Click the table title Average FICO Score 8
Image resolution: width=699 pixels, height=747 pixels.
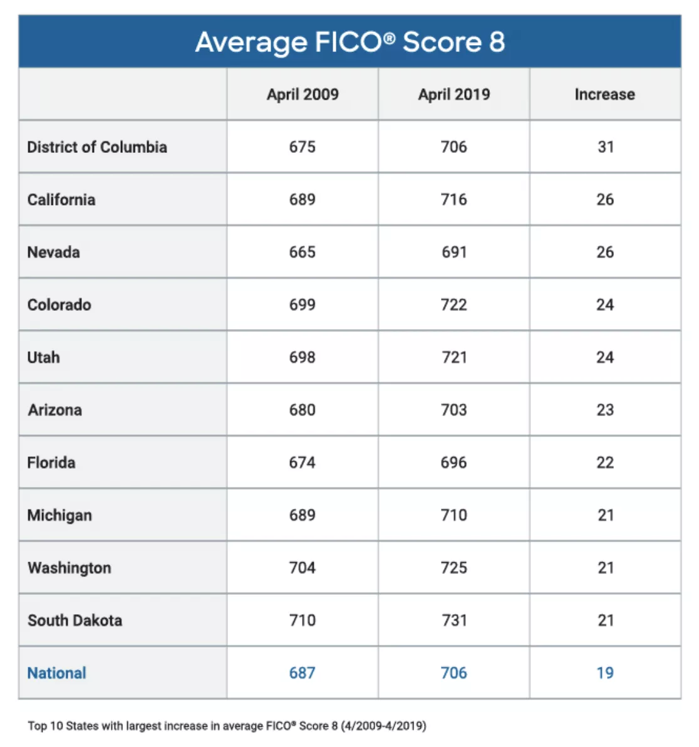[349, 42]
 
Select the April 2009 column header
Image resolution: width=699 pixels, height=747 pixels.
[303, 94]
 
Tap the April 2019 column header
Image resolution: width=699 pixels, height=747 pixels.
[454, 94]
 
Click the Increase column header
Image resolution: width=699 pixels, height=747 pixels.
[604, 94]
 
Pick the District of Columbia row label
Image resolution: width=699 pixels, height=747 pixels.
[97, 147]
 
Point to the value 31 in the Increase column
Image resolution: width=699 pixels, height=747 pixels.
[605, 147]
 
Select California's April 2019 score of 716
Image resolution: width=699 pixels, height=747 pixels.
[453, 199]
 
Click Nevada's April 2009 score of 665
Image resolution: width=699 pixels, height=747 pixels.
[302, 252]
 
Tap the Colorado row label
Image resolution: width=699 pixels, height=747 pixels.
[60, 305]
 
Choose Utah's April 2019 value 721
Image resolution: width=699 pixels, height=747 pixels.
[453, 357]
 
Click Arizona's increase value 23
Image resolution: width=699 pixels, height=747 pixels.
[605, 410]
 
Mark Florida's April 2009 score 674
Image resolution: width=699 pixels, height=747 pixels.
[302, 462]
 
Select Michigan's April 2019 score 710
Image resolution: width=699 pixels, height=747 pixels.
[453, 515]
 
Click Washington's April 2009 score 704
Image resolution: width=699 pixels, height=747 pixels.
[302, 568]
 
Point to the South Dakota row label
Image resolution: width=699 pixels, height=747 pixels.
[75, 620]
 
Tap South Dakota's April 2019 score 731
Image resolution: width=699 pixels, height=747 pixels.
[453, 620]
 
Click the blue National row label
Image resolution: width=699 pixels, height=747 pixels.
[57, 673]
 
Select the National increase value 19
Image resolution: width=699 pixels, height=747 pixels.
[605, 673]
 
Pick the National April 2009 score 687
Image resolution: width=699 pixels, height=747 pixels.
[302, 673]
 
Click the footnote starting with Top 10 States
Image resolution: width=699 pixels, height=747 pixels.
[227, 726]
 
